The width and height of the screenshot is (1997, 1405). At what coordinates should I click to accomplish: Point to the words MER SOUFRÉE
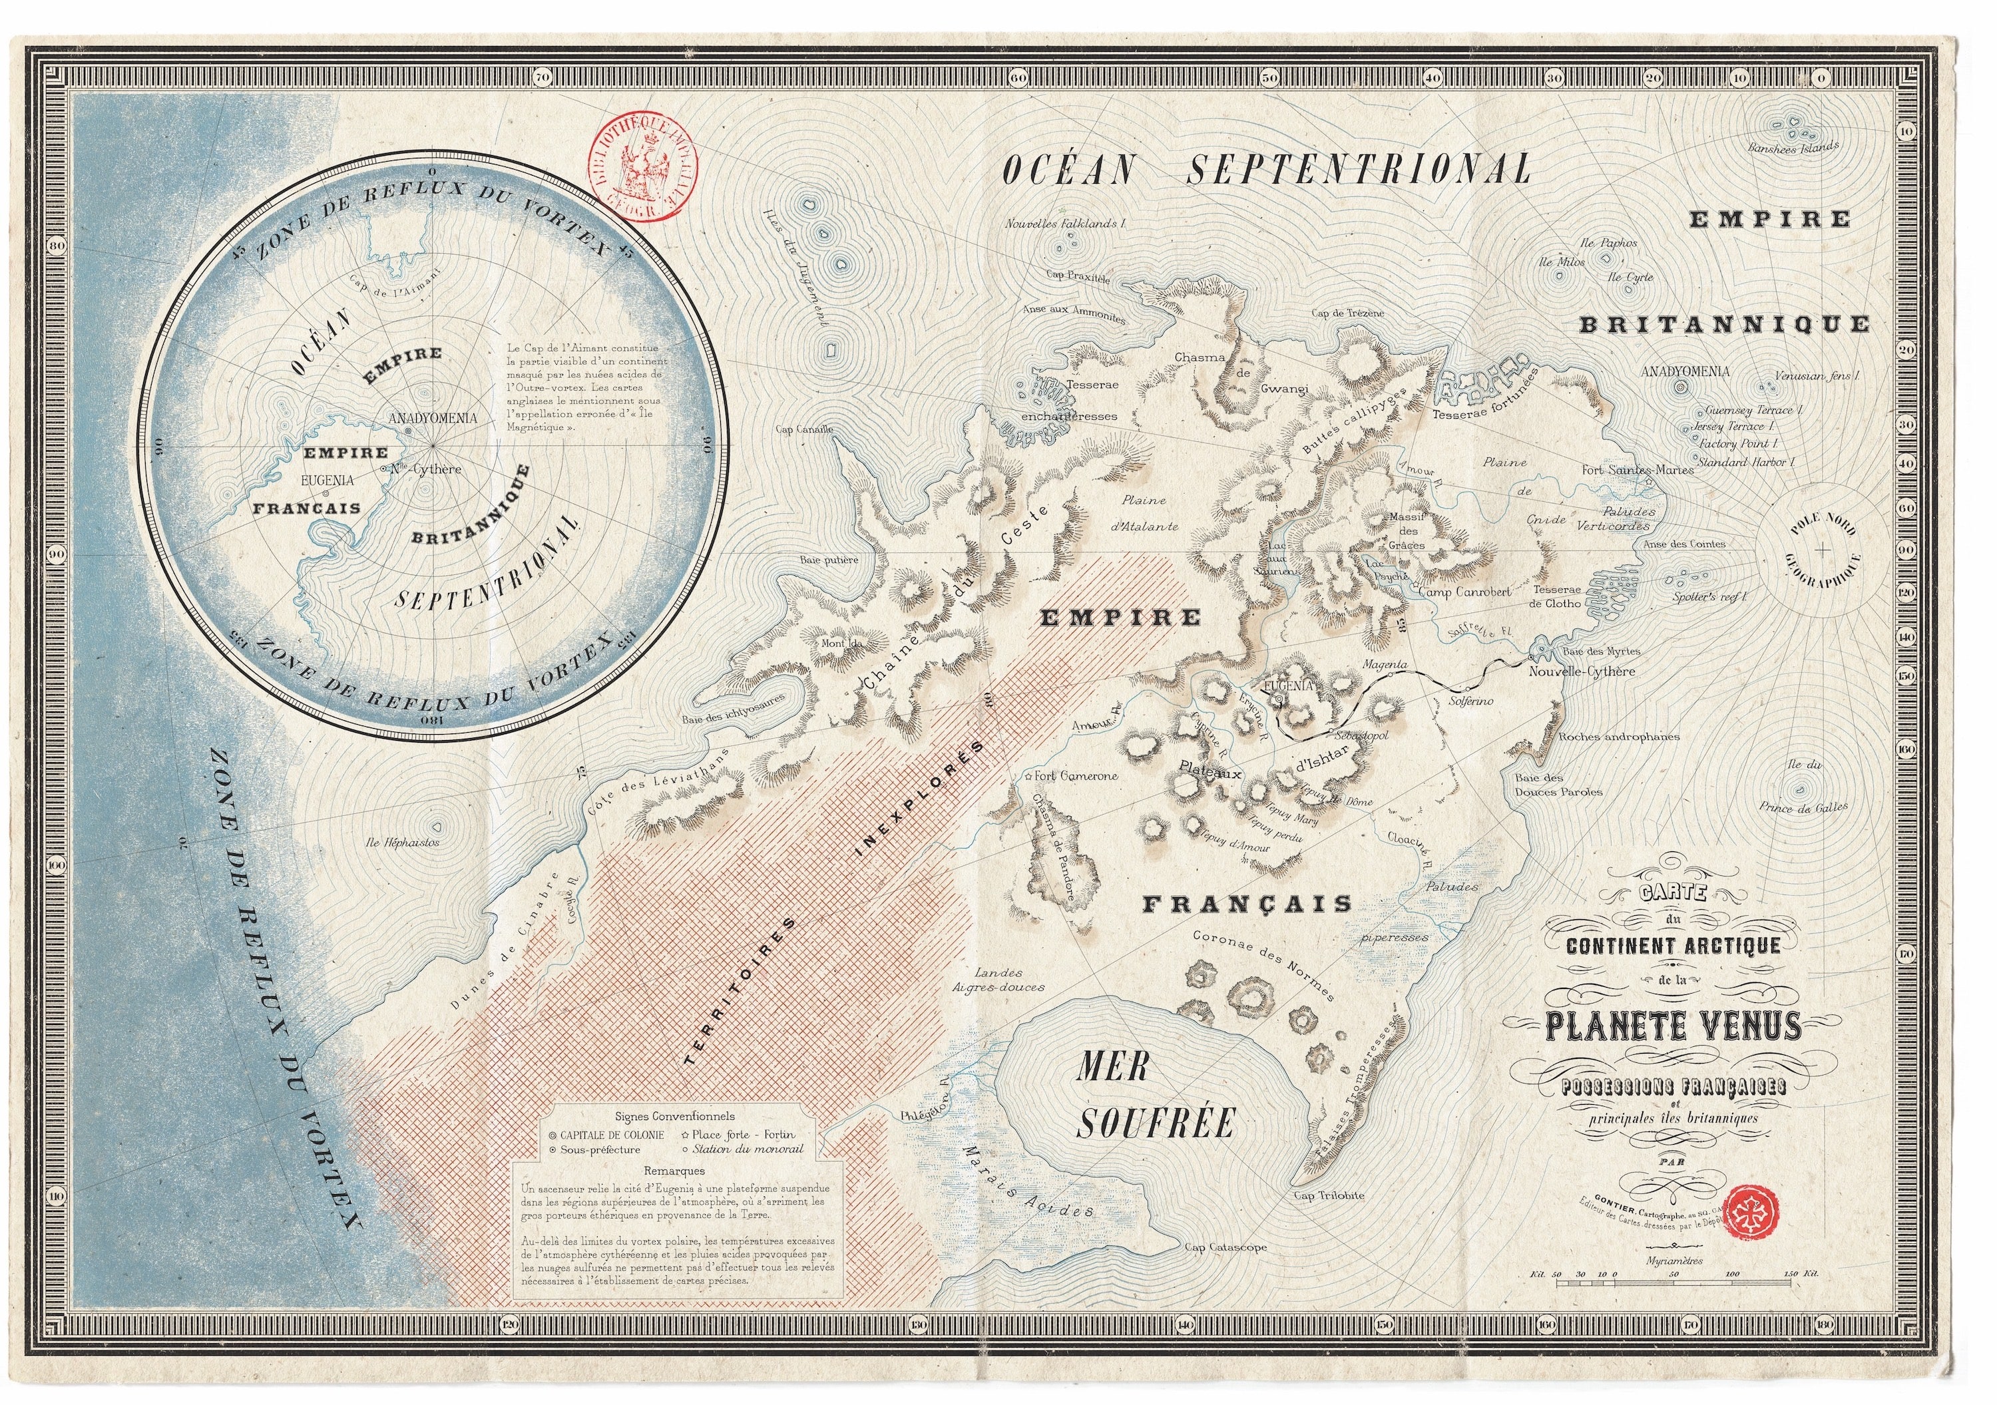point(1155,1096)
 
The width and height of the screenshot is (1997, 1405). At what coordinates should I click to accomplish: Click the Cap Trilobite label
point(1329,1195)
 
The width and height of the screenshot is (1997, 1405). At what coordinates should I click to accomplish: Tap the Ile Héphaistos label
point(403,843)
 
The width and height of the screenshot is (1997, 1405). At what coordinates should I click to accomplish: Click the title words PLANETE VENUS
point(1673,1028)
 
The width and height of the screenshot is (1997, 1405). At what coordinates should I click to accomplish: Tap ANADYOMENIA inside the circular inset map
point(432,418)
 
